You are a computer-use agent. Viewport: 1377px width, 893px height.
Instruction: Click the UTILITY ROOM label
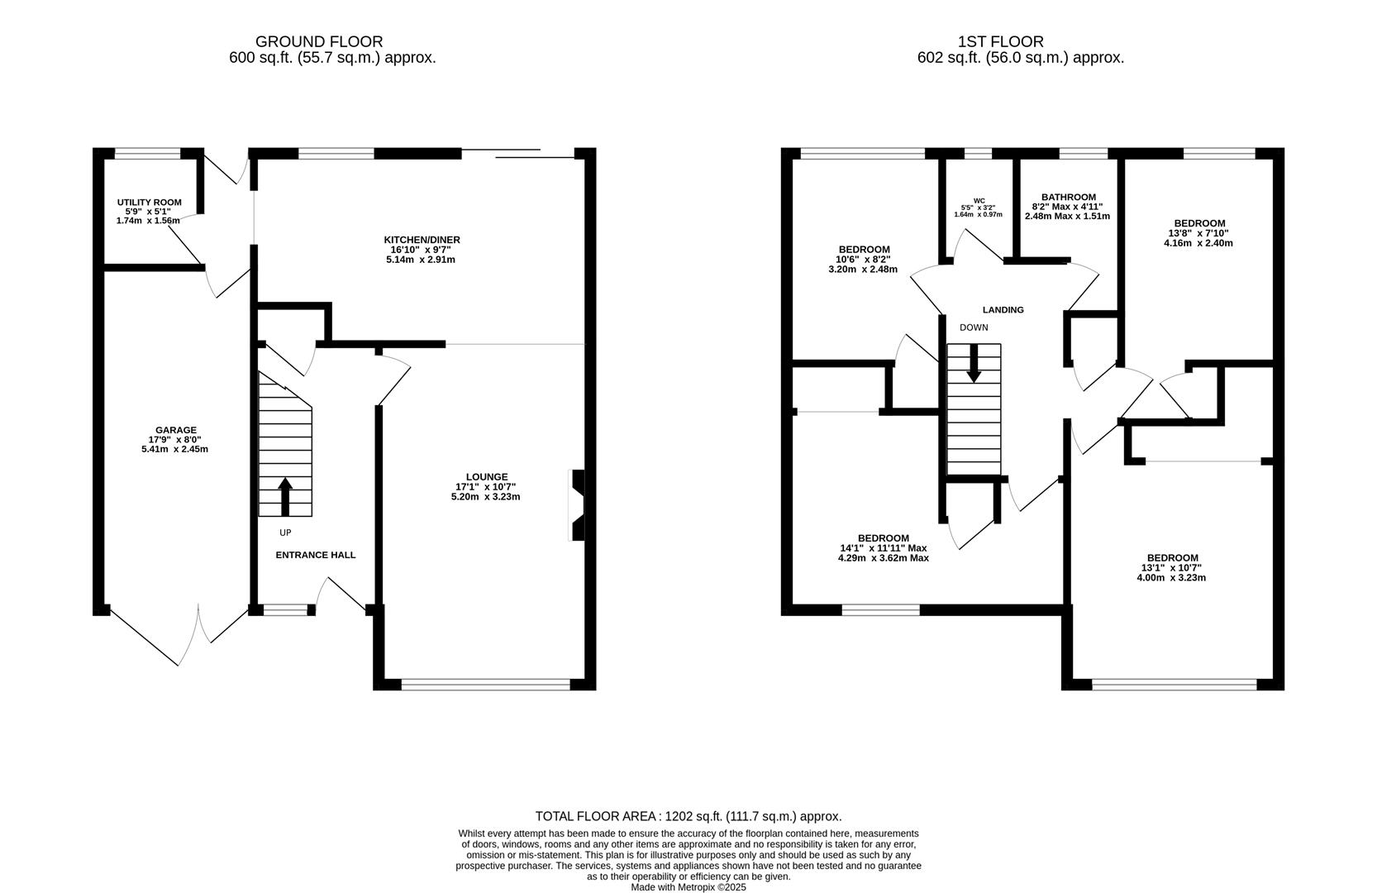tap(149, 203)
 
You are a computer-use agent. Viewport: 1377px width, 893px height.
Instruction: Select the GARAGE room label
tap(177, 430)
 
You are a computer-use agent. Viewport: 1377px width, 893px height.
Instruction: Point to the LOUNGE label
tap(487, 477)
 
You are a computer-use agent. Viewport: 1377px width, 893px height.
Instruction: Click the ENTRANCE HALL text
tap(315, 555)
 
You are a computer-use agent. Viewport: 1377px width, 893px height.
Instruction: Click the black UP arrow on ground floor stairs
tap(285, 496)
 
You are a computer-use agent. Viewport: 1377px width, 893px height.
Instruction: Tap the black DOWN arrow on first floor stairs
tap(974, 364)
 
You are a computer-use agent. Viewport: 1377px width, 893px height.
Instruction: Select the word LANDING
tap(1003, 310)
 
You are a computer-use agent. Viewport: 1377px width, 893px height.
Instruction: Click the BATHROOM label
tap(1068, 198)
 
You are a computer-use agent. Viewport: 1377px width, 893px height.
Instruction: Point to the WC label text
tap(979, 200)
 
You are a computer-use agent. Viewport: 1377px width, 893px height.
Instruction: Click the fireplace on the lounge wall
tap(577, 505)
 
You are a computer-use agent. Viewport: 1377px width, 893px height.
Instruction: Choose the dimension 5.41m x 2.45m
tap(174, 450)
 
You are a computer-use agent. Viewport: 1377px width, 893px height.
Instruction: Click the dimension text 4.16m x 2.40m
tap(1198, 243)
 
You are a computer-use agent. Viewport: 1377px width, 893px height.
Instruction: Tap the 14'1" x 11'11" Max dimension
tap(883, 548)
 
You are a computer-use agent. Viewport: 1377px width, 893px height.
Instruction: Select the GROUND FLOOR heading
tap(318, 41)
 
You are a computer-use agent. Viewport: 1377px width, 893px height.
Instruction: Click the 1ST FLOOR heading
tap(1000, 41)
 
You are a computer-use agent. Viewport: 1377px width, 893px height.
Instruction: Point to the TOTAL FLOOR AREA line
tap(688, 816)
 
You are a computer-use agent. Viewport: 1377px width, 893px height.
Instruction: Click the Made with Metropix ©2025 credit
tap(688, 887)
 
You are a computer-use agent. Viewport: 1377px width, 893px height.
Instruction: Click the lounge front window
tap(485, 685)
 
